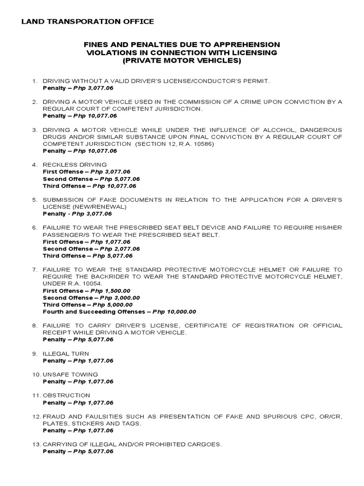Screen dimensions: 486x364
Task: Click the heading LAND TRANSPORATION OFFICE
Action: click(x=88, y=21)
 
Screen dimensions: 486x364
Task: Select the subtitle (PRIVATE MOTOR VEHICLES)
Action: click(x=182, y=61)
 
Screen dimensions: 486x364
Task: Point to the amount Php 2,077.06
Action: click(x=111, y=249)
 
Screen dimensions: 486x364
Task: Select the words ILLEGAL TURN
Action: click(x=66, y=354)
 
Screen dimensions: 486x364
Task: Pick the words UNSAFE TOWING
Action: click(x=70, y=374)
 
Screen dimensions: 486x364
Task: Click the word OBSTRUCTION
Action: click(x=66, y=395)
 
